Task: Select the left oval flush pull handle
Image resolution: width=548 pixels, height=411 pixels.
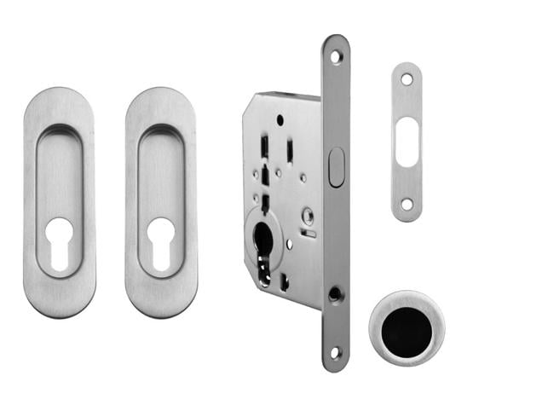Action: tap(60, 111)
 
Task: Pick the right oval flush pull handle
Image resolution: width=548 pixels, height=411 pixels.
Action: tap(161, 111)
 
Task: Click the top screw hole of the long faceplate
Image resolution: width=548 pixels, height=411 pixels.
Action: tap(336, 56)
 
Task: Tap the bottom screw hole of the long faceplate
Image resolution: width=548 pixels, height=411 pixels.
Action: tap(336, 352)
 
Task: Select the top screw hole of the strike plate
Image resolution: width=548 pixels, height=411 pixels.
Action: tap(407, 79)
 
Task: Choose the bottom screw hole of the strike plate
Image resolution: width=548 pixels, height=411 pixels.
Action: tap(407, 204)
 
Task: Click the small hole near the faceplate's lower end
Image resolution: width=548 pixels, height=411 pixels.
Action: tap(336, 294)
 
